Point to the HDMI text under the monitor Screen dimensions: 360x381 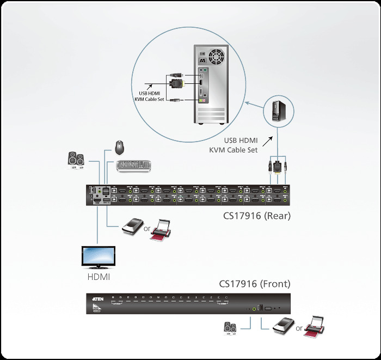(99, 277)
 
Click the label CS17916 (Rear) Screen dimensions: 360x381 (257, 216)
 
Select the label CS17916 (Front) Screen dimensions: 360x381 (255, 284)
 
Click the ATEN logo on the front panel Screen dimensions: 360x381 (96, 298)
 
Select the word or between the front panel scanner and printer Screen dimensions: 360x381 (299, 328)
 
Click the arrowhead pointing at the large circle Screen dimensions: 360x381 (248, 101)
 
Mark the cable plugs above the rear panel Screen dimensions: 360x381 (278, 166)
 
